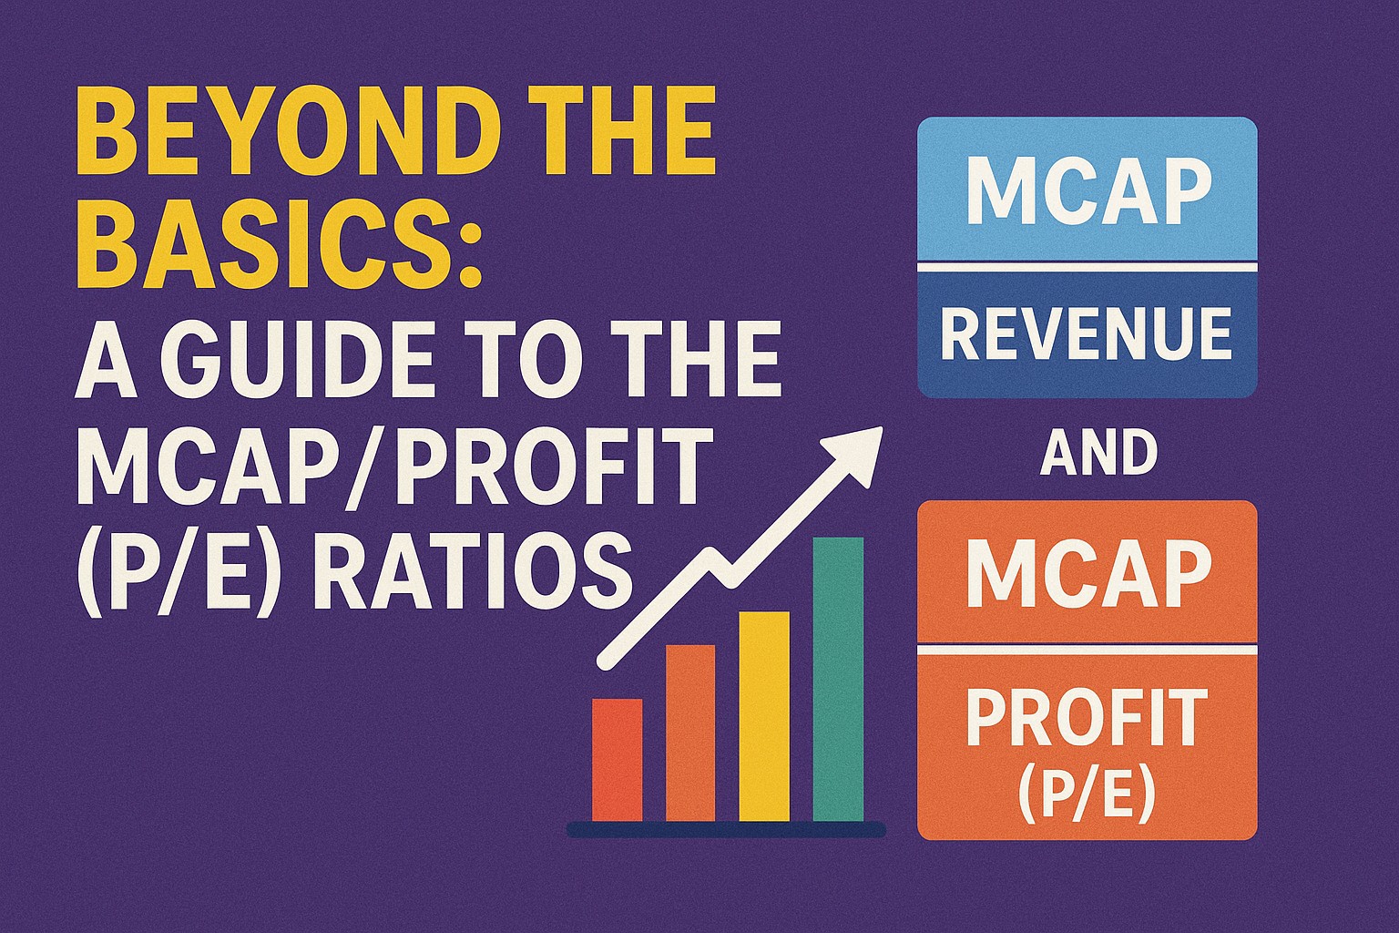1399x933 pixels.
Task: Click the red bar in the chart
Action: (x=617, y=759)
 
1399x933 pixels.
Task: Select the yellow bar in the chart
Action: (x=764, y=716)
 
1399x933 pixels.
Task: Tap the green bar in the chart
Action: (x=838, y=679)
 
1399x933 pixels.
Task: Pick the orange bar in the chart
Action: (x=690, y=733)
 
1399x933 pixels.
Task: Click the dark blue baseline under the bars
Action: (x=726, y=829)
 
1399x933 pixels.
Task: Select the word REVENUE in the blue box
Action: (x=1086, y=333)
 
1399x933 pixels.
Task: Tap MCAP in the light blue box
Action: (x=1088, y=190)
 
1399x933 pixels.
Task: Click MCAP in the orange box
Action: (x=1088, y=574)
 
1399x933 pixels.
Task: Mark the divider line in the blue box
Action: (x=1087, y=268)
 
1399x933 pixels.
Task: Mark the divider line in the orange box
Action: (x=1087, y=651)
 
